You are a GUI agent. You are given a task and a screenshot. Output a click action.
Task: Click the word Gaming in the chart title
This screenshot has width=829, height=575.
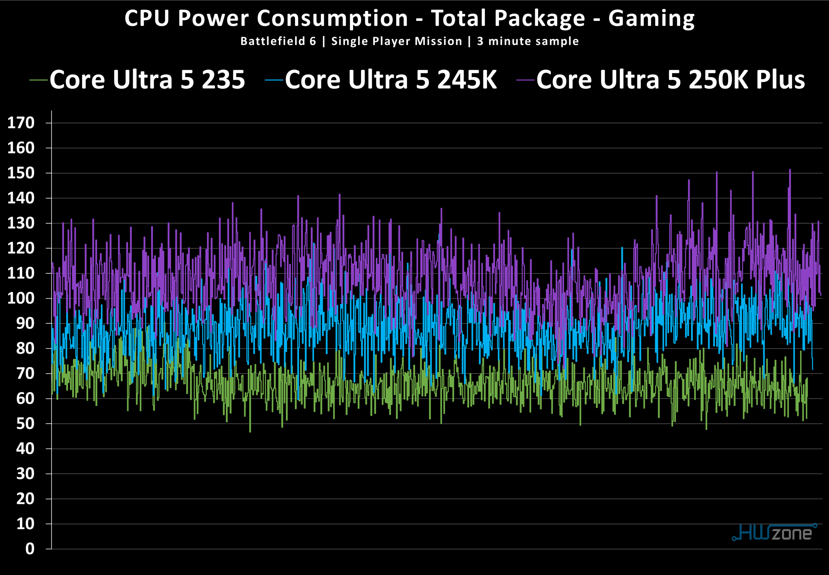(651, 19)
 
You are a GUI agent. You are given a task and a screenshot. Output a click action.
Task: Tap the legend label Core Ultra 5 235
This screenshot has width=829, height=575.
(147, 80)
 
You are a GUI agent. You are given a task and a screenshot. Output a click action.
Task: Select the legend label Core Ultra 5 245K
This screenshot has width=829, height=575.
(391, 80)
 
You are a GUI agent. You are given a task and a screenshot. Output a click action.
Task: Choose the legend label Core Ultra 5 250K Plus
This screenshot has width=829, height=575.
(670, 80)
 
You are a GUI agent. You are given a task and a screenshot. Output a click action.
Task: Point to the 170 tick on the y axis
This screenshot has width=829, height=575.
(21, 123)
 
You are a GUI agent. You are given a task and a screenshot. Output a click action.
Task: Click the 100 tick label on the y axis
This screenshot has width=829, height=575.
(21, 299)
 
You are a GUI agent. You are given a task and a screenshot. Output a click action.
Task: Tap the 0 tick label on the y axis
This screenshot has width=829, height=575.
(30, 549)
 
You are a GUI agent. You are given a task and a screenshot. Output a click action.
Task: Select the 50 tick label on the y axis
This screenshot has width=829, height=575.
(25, 424)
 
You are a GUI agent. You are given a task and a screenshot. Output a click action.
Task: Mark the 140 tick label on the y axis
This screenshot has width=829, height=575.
(21, 198)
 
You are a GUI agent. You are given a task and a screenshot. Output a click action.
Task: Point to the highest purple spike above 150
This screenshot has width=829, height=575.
(790, 170)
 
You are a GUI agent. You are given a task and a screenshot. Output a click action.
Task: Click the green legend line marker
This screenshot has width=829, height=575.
(38, 80)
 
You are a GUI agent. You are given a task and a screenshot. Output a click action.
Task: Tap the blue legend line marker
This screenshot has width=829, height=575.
(274, 80)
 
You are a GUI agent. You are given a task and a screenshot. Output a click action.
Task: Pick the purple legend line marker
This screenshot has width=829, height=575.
(525, 80)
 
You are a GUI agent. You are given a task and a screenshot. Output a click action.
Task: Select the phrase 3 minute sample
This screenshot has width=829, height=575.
(528, 41)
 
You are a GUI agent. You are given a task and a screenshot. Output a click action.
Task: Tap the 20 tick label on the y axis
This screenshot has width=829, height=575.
(25, 499)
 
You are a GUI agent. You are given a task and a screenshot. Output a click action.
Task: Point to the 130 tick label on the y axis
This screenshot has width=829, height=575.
(21, 223)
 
